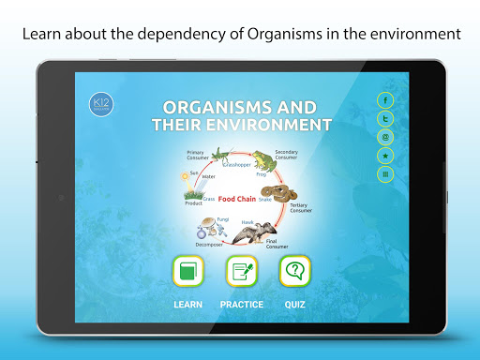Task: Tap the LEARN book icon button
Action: pyautogui.click(x=188, y=273)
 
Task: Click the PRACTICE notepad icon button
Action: pyautogui.click(x=242, y=273)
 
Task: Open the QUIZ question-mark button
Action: pyautogui.click(x=295, y=273)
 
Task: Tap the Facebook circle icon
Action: pyautogui.click(x=384, y=99)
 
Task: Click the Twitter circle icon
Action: pyautogui.click(x=384, y=118)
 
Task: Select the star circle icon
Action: pyautogui.click(x=384, y=155)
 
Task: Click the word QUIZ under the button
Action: pyautogui.click(x=295, y=305)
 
